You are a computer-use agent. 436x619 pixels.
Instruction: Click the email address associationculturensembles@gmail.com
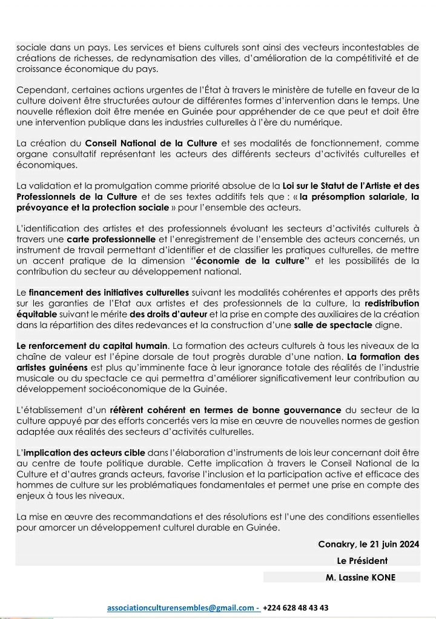point(181,607)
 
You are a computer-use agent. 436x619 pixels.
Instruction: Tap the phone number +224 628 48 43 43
point(296,607)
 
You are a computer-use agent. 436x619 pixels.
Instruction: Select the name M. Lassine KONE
point(360,577)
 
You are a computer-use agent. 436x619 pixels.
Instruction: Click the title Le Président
point(362,560)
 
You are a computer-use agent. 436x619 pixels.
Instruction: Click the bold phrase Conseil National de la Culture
point(151,143)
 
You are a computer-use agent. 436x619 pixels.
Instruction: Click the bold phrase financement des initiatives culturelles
point(109,293)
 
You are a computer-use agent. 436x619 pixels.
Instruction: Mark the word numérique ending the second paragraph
point(320,122)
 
